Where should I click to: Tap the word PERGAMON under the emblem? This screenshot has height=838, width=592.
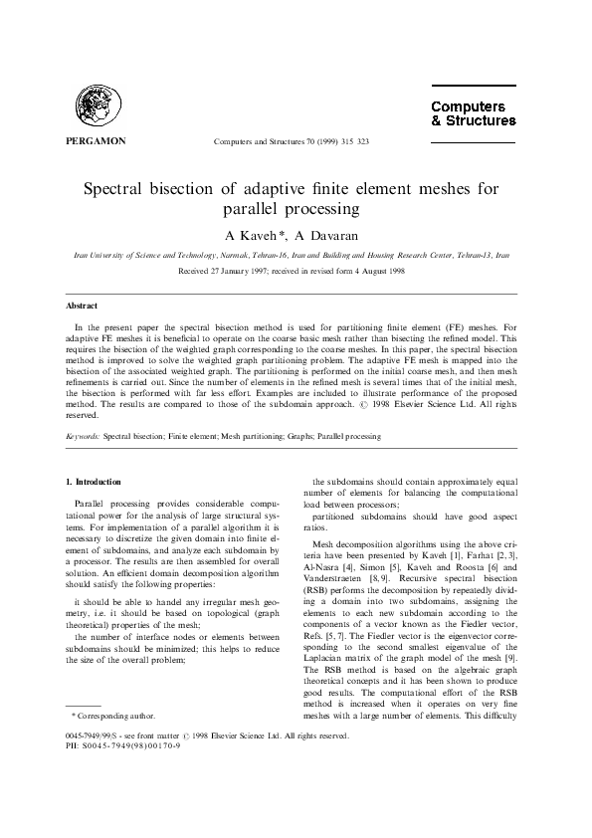click(x=95, y=141)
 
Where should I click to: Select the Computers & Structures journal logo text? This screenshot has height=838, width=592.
click(x=473, y=113)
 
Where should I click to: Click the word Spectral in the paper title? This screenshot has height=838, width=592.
click(x=123, y=188)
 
